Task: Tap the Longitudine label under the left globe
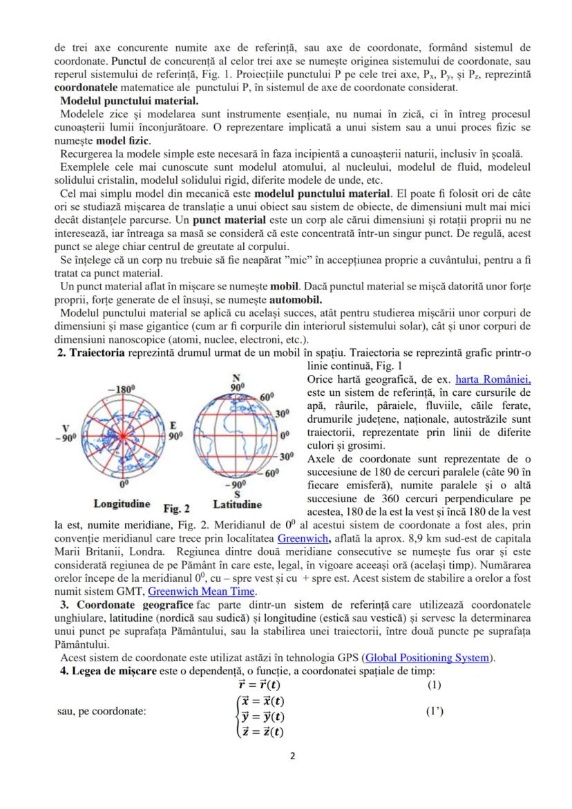pos(122,504)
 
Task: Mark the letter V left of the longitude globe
pos(66,426)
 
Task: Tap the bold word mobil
pos(283,287)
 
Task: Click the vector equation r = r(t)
pos(259,685)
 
